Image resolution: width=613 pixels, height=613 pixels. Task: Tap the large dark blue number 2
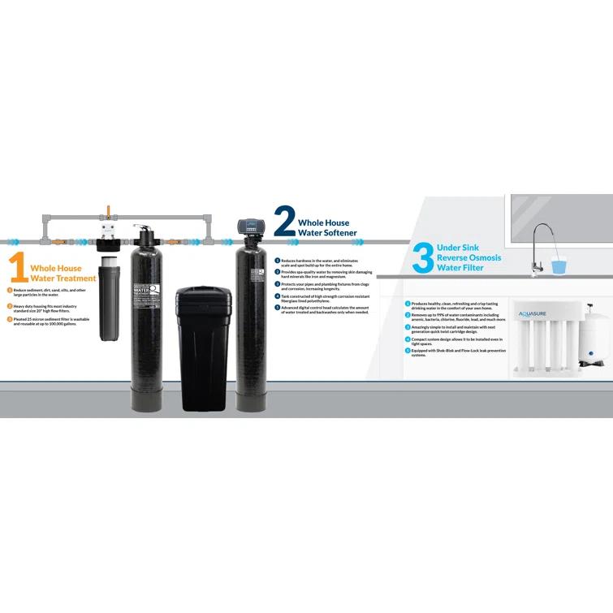point(285,221)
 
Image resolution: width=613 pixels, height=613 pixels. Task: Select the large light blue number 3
point(422,258)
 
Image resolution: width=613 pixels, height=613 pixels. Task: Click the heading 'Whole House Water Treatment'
point(63,273)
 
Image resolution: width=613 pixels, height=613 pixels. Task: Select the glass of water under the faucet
point(559,265)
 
